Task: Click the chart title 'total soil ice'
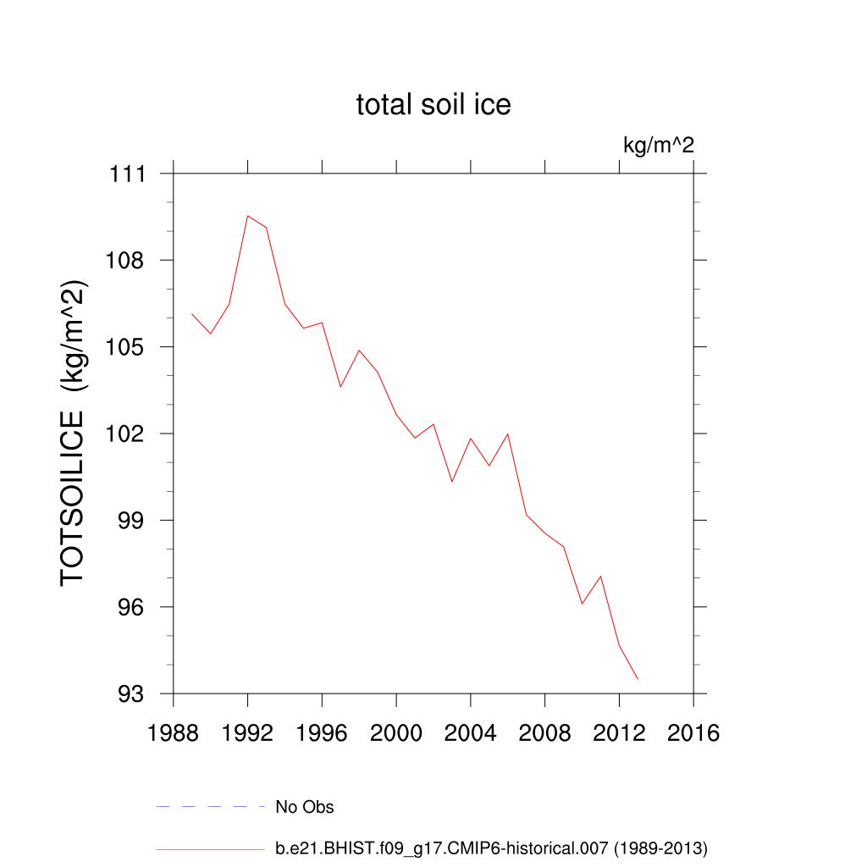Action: [433, 105]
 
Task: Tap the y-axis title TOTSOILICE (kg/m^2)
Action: [75, 432]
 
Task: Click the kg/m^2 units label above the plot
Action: [659, 145]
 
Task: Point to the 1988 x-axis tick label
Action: [174, 733]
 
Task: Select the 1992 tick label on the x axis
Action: [248, 733]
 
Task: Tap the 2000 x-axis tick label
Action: [396, 733]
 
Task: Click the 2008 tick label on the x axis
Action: [545, 733]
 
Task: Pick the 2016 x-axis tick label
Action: [693, 733]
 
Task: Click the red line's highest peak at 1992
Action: [248, 216]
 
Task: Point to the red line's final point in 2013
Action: [638, 679]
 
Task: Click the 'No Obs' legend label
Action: [305, 807]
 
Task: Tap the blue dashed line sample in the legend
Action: [211, 807]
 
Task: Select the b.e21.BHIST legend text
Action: [491, 848]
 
